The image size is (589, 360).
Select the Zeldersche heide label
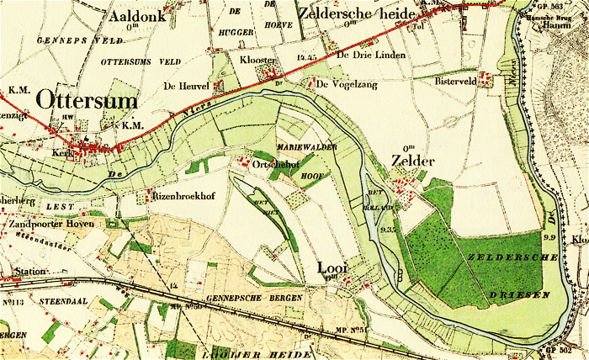(x=353, y=15)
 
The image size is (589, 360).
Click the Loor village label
(x=332, y=267)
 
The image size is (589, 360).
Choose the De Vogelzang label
(x=347, y=83)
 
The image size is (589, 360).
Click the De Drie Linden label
(x=370, y=56)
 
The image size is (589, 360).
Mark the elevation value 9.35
(x=388, y=229)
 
